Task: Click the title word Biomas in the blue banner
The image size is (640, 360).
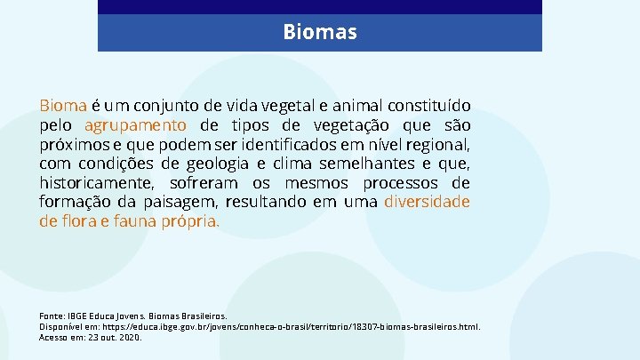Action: [x=320, y=33]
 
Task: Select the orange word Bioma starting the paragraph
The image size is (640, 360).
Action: [x=62, y=105]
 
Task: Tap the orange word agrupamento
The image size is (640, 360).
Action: [x=136, y=124]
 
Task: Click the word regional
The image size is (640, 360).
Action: [x=439, y=144]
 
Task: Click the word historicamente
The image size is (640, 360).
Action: [x=95, y=183]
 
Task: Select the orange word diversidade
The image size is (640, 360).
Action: [x=427, y=202]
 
